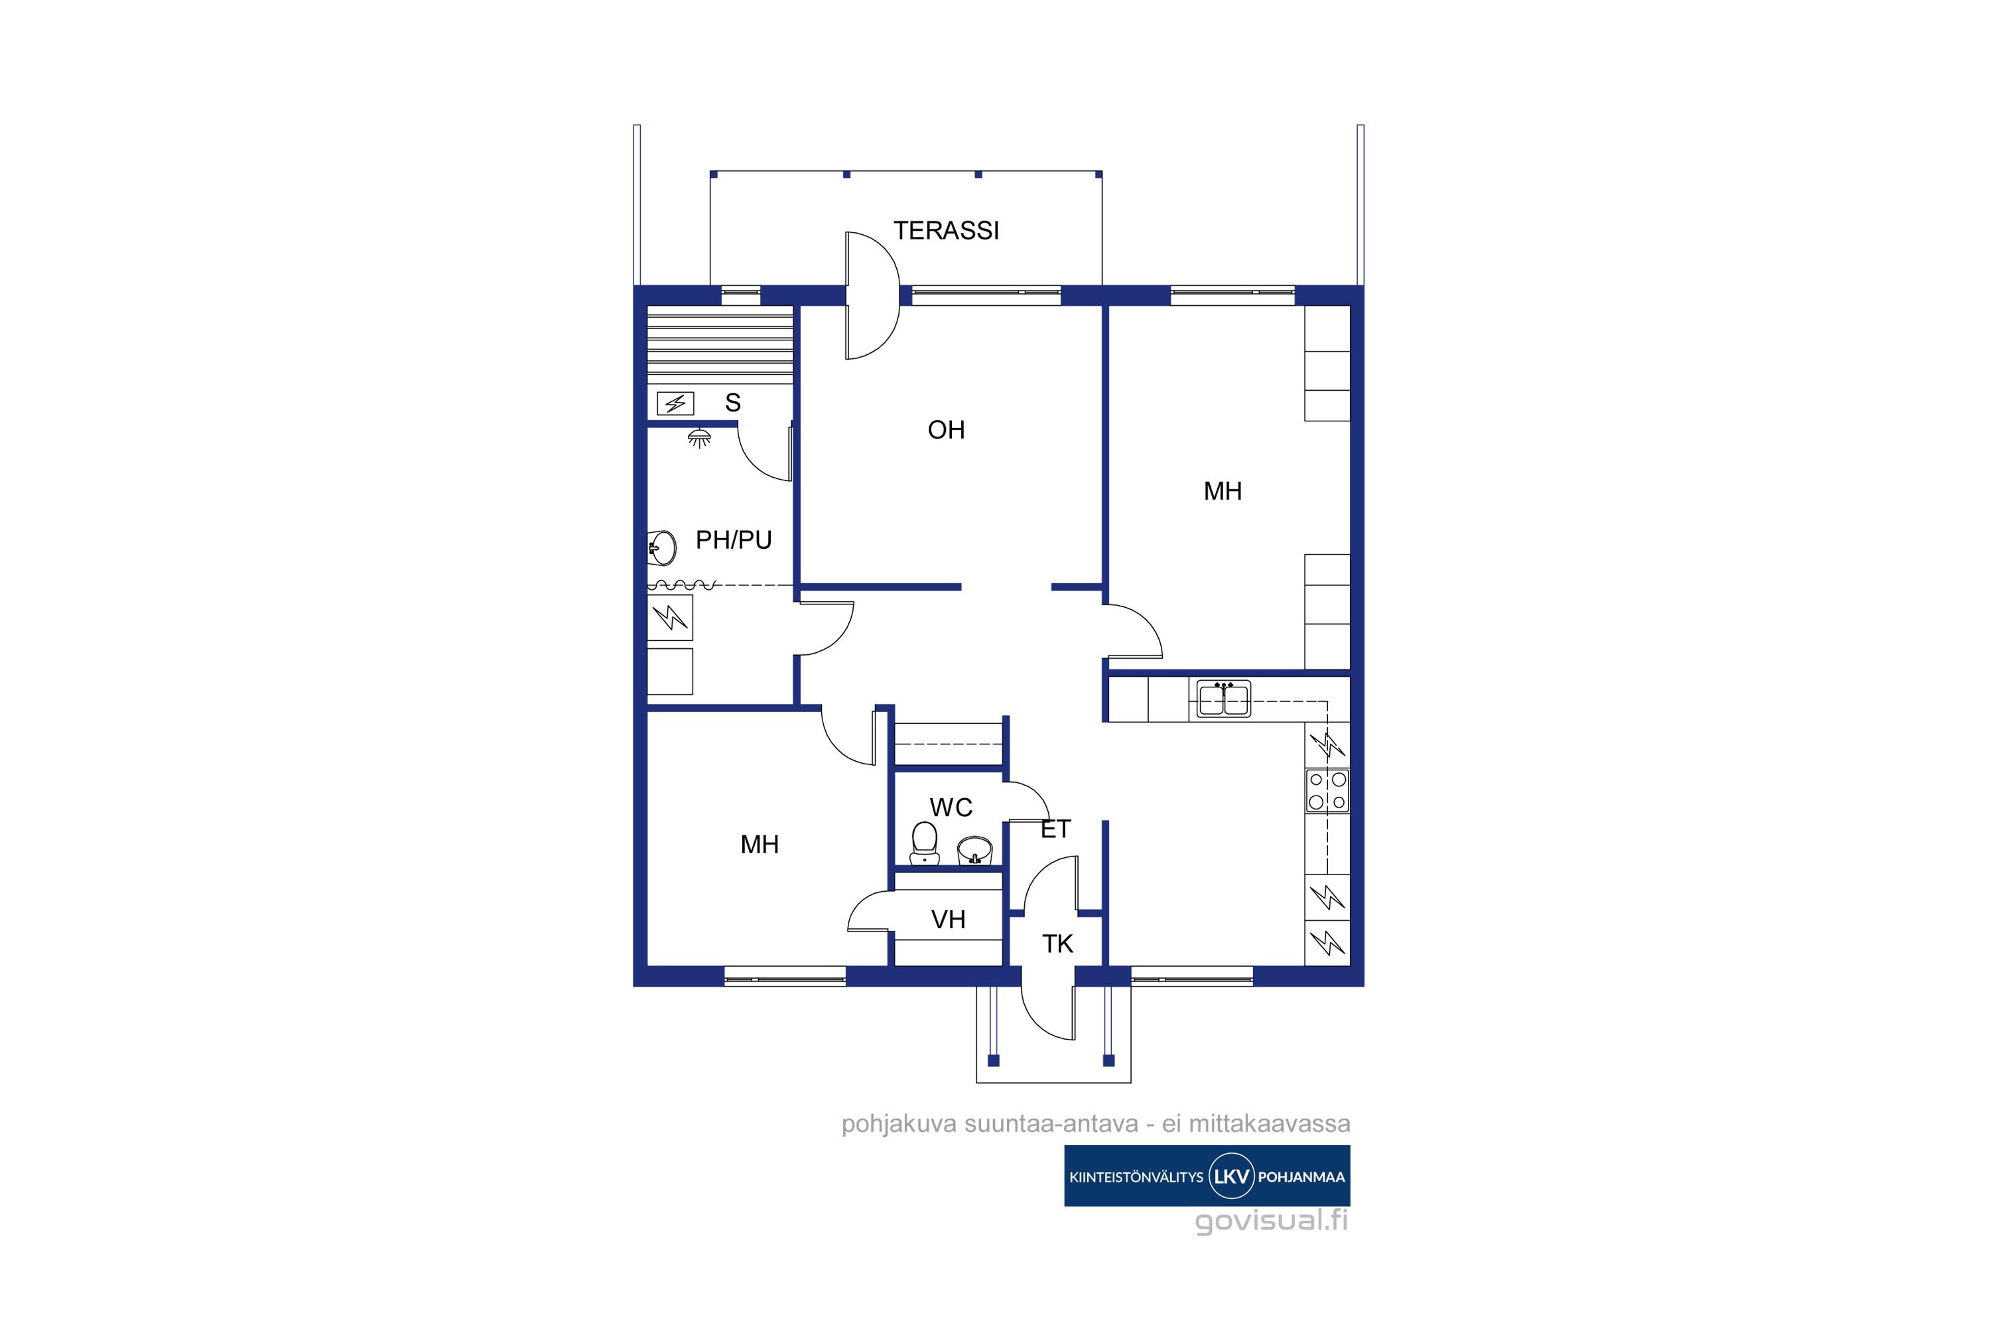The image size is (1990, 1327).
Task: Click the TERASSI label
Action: [x=946, y=230]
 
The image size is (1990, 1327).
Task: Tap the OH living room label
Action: [x=946, y=430]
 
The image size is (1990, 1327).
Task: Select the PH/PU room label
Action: [x=734, y=540]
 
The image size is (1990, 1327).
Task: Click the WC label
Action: [x=951, y=807]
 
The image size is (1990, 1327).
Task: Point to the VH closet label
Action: [x=948, y=920]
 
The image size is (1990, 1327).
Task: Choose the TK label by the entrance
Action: [x=1057, y=943]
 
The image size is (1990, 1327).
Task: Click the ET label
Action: [x=1055, y=829]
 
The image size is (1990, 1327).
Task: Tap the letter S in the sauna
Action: [x=733, y=403]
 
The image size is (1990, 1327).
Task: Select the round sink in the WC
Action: [x=974, y=850]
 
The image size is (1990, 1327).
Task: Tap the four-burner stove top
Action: [x=1327, y=790]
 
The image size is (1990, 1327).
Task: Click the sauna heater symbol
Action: [x=675, y=403]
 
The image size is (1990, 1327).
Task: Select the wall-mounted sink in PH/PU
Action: [x=661, y=547]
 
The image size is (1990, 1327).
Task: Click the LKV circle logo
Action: [x=1230, y=1176]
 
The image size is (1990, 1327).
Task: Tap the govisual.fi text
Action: [x=1271, y=1222]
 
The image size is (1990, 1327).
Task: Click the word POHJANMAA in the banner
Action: [x=1301, y=1177]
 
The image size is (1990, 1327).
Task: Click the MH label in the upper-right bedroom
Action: [x=1223, y=491]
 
